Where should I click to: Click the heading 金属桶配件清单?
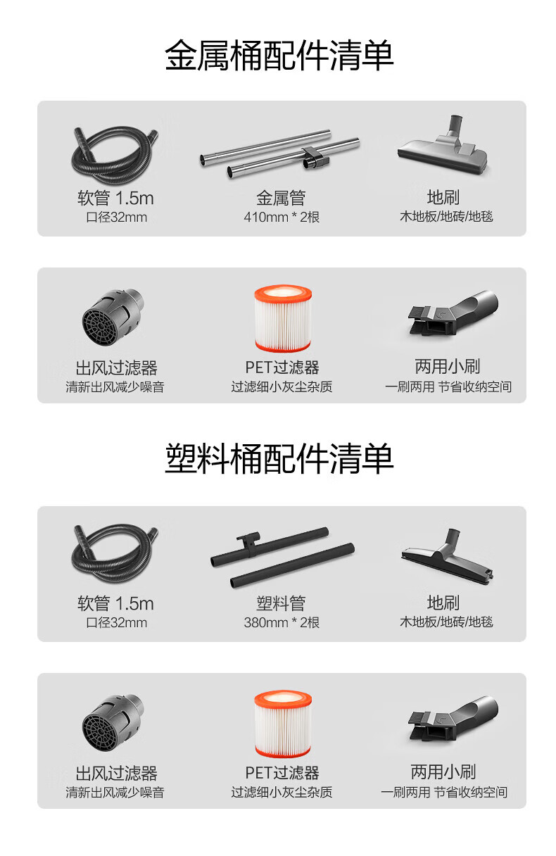279,56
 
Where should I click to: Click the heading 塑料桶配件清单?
279,458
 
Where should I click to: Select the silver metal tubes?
279,153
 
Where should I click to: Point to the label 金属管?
281,198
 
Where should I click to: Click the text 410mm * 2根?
282,217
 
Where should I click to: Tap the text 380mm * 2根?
282,622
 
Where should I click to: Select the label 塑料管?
281,603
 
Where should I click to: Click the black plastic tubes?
283,558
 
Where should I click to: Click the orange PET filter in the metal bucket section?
283,318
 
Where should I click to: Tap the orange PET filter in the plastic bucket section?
283,724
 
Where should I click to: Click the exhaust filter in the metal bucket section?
112,319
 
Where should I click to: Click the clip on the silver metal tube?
315,158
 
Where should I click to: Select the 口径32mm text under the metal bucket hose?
117,217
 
